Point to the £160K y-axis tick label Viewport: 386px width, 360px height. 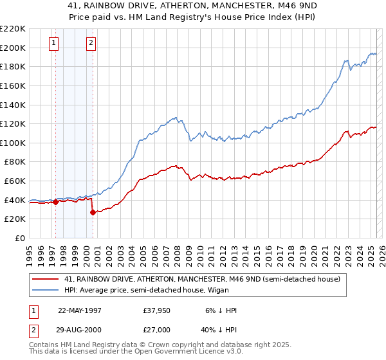click(x=13, y=85)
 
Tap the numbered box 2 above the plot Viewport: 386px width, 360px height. click(x=91, y=43)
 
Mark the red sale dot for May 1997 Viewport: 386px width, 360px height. click(x=56, y=202)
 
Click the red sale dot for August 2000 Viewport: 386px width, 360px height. click(x=93, y=212)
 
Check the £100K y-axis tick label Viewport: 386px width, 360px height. click(x=13, y=142)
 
